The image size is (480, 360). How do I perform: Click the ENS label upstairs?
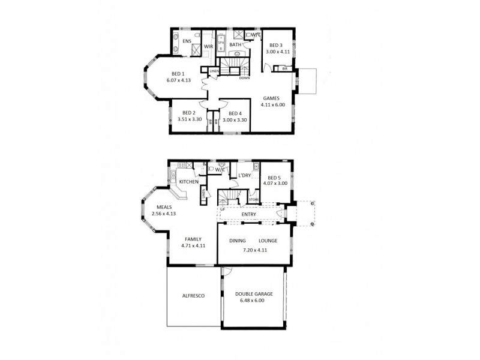(187, 41)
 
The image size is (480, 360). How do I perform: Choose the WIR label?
(209, 46)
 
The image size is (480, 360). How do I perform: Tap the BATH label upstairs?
(235, 44)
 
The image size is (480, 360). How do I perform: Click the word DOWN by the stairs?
(244, 78)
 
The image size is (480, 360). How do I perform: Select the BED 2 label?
(189, 112)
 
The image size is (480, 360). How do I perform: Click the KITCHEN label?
(188, 181)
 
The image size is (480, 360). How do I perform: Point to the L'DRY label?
(244, 175)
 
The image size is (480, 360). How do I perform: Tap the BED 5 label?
(275, 178)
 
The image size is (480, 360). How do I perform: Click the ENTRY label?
(248, 214)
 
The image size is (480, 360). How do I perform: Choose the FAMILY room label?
(192, 239)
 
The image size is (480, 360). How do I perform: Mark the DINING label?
(236, 241)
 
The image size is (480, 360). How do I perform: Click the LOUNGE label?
(268, 241)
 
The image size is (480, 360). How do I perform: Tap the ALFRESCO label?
(194, 296)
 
